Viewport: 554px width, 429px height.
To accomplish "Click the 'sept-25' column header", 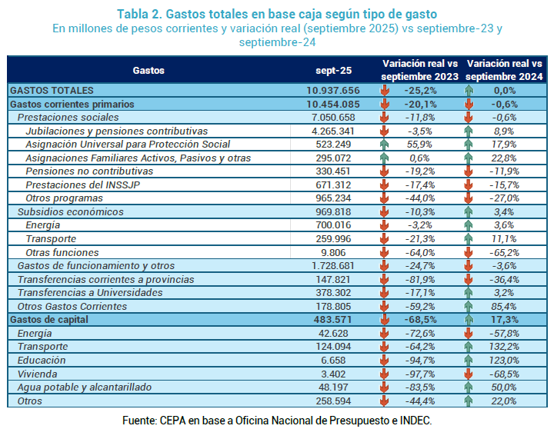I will point(334,70).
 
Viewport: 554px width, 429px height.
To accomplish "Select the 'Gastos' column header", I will point(149,70).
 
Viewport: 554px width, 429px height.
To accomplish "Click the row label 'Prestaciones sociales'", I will point(68,118).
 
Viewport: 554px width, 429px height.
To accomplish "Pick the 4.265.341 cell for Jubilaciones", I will point(333,131).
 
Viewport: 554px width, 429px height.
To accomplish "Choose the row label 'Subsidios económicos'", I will point(70,211).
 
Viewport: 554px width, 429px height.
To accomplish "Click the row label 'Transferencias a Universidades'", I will point(90,292).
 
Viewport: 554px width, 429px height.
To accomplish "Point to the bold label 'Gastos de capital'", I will point(50,319).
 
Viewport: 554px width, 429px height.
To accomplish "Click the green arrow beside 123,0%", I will point(468,360).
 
